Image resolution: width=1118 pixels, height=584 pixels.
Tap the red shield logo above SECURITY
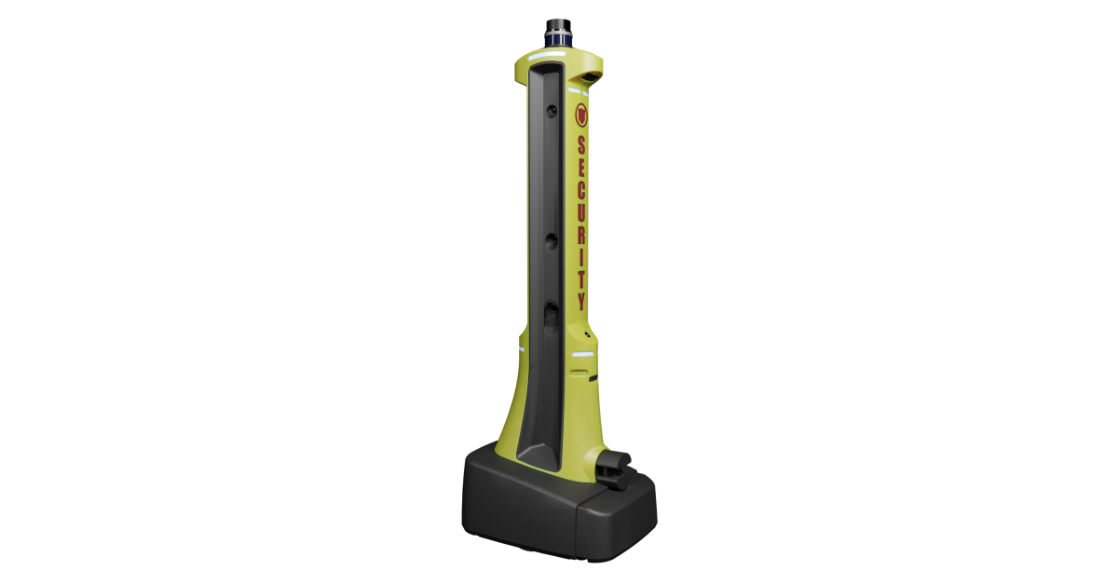(581, 115)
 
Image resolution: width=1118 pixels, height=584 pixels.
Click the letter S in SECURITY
(581, 145)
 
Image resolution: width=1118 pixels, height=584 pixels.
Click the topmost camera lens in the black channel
(552, 112)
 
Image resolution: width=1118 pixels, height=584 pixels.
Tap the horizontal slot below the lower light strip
(579, 371)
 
